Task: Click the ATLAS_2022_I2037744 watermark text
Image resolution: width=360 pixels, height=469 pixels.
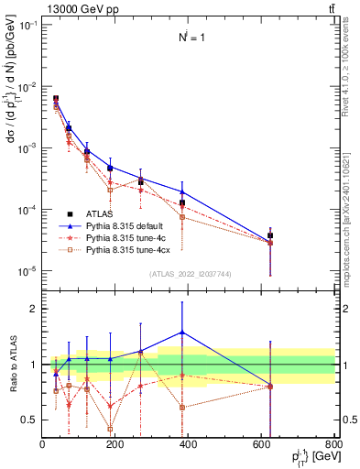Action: click(x=189, y=274)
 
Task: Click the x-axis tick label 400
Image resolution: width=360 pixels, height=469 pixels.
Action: click(x=188, y=445)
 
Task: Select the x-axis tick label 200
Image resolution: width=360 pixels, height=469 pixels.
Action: click(x=115, y=445)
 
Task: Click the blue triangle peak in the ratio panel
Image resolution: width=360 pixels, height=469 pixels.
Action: click(x=182, y=333)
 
